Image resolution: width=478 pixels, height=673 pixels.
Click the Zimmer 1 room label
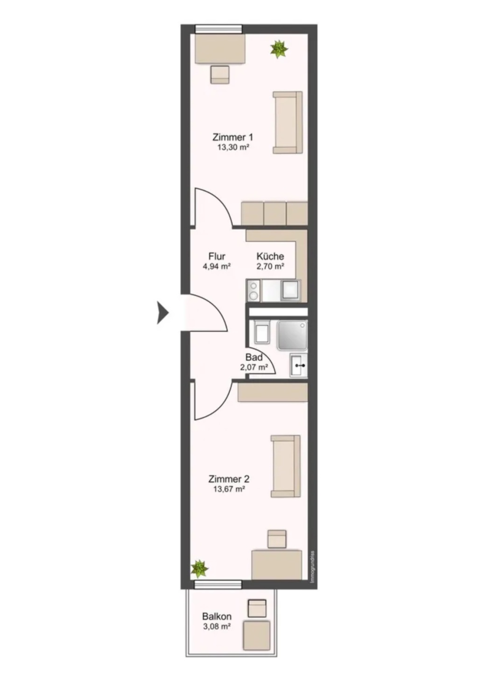click(x=232, y=137)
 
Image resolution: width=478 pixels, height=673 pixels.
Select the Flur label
click(x=217, y=256)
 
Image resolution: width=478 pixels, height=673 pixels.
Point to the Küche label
click(x=270, y=256)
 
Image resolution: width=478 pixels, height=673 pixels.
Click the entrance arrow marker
click(x=163, y=313)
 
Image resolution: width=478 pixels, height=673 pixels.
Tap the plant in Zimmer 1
click(x=279, y=49)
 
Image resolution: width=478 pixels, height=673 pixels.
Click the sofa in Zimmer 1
click(x=288, y=122)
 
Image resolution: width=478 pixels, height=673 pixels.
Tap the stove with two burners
click(x=254, y=290)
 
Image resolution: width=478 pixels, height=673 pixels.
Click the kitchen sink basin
click(x=291, y=290)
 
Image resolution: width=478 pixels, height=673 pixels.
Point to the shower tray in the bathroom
click(x=292, y=335)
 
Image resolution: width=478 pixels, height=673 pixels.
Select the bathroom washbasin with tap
click(x=299, y=365)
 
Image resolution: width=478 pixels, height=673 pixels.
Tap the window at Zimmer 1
click(x=218, y=29)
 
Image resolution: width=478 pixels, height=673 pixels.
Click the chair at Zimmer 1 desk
click(x=220, y=75)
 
